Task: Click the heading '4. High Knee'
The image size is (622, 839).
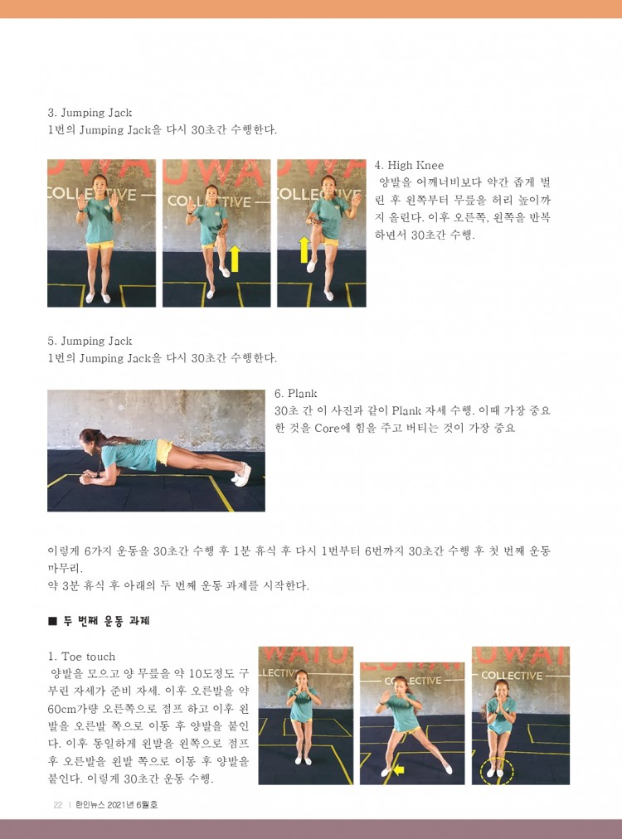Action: [x=409, y=165]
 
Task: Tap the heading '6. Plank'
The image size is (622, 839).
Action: [x=295, y=393]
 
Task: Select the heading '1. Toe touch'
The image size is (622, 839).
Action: [x=81, y=657]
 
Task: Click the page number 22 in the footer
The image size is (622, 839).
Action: [x=58, y=804]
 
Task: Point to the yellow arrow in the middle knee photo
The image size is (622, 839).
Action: [x=234, y=258]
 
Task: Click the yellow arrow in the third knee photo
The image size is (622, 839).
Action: [x=304, y=250]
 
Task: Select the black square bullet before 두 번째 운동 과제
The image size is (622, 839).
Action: [x=52, y=621]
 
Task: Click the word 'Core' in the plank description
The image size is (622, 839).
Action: [x=327, y=428]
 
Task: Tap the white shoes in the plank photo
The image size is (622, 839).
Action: [x=241, y=474]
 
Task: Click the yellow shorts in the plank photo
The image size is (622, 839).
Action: [x=164, y=452]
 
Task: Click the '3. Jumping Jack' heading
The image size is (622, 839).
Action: [x=90, y=113]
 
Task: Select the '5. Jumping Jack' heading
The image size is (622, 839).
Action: [x=90, y=342]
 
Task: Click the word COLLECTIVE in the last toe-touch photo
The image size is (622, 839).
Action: [x=512, y=676]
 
